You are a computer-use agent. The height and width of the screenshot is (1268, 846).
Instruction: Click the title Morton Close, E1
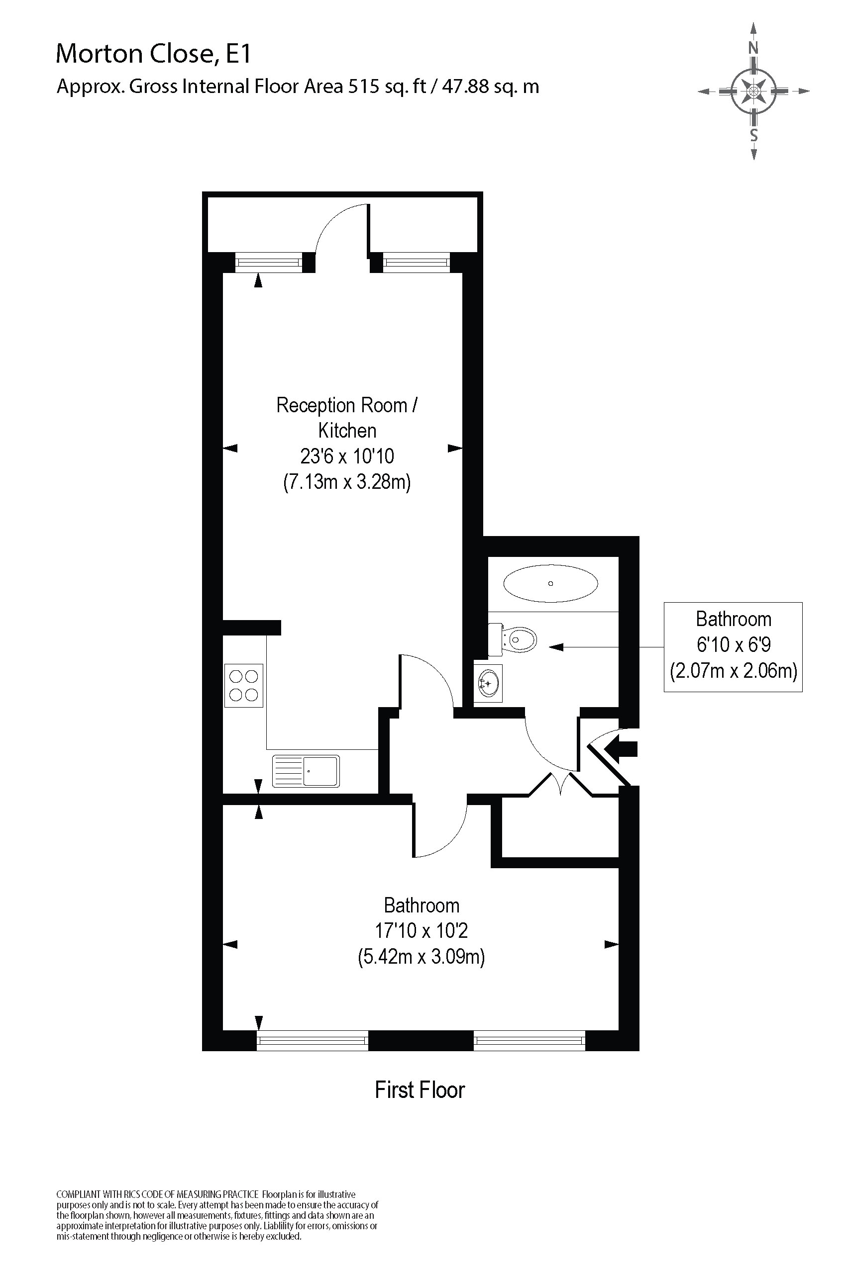(153, 54)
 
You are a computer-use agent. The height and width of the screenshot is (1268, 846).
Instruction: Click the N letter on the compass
(753, 48)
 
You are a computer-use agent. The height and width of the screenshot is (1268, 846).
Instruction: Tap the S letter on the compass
(754, 135)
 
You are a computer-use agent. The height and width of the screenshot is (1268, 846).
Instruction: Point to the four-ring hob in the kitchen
(244, 685)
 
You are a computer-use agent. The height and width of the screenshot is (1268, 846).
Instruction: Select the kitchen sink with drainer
(306, 771)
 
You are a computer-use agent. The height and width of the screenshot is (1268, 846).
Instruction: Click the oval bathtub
(550, 583)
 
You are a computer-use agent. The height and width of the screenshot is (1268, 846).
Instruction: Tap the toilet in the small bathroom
(515, 640)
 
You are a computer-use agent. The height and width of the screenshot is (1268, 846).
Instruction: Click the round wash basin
(488, 684)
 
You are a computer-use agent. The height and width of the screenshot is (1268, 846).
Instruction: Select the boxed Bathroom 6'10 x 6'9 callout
(733, 646)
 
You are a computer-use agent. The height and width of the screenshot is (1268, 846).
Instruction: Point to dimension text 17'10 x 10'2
(422, 930)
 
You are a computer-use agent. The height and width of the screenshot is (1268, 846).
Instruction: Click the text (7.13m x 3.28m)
(346, 481)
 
